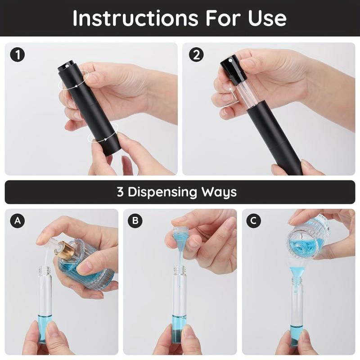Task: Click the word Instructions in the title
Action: [134, 18]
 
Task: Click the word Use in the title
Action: [267, 18]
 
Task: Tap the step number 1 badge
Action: [17, 55]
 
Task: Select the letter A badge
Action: [17, 221]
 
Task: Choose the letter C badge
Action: [254, 221]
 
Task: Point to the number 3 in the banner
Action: [120, 192]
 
